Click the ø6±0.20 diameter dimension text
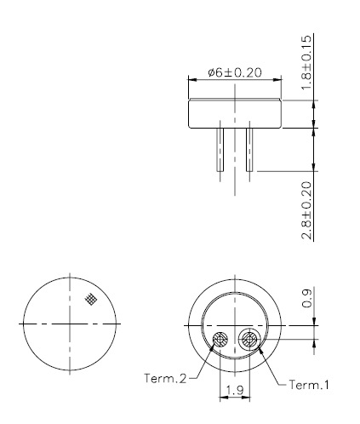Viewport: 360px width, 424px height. tap(235, 72)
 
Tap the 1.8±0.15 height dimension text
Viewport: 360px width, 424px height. tap(306, 62)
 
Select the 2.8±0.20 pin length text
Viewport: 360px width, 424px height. tap(306, 210)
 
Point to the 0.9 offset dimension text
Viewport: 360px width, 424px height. tap(306, 298)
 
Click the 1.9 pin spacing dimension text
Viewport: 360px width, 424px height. tap(235, 391)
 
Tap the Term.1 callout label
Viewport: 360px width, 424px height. tap(309, 385)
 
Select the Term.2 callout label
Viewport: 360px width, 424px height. tap(165, 378)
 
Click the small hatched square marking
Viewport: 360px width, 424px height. tap(91, 299)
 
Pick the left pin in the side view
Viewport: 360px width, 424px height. tap(220, 150)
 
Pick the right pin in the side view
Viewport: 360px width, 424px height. tap(249, 150)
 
